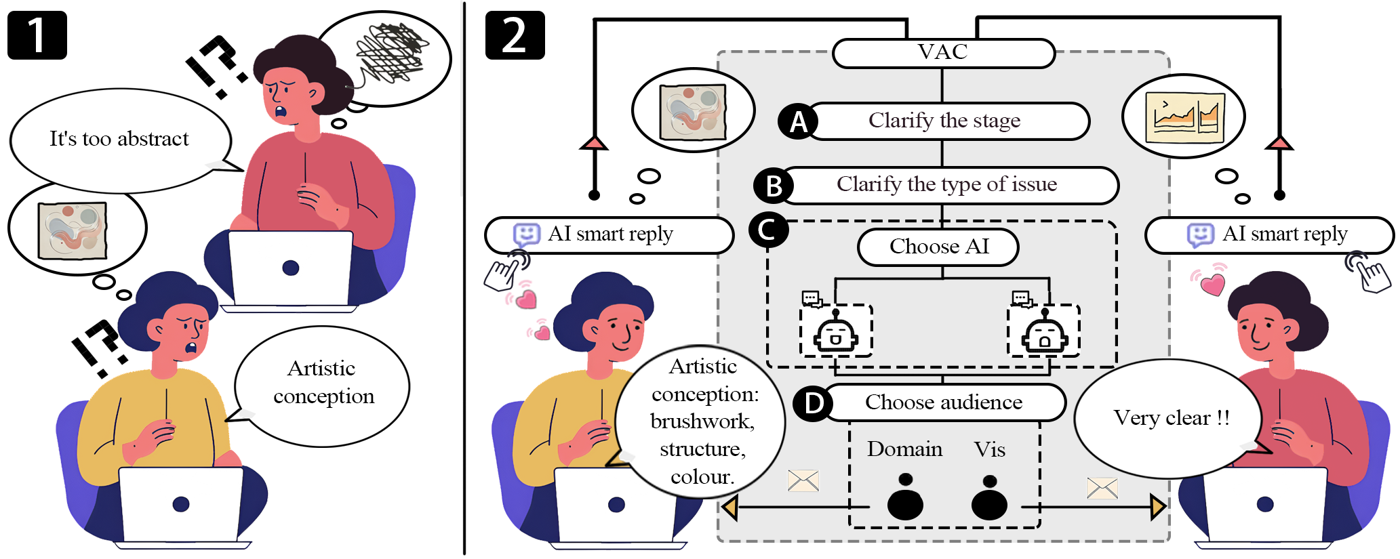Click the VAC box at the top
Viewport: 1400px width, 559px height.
(x=943, y=53)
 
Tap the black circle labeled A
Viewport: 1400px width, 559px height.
(x=798, y=122)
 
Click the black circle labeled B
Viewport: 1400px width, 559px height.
(x=774, y=186)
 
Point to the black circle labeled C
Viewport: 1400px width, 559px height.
(x=768, y=230)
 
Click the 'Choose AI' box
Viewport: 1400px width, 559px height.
(x=939, y=247)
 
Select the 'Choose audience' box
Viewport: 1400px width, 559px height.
(x=944, y=402)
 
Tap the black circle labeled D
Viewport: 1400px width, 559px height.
(x=813, y=403)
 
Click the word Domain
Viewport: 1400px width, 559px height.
(x=904, y=449)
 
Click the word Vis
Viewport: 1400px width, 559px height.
(x=989, y=450)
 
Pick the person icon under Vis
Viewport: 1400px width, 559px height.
(x=989, y=499)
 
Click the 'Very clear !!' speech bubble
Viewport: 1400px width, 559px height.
(x=1171, y=418)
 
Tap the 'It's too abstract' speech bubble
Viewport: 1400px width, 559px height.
(x=119, y=140)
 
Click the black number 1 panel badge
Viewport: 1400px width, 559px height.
(x=37, y=35)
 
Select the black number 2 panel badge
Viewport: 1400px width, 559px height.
(x=515, y=35)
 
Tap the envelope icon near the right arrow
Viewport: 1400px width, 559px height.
(x=1102, y=488)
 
